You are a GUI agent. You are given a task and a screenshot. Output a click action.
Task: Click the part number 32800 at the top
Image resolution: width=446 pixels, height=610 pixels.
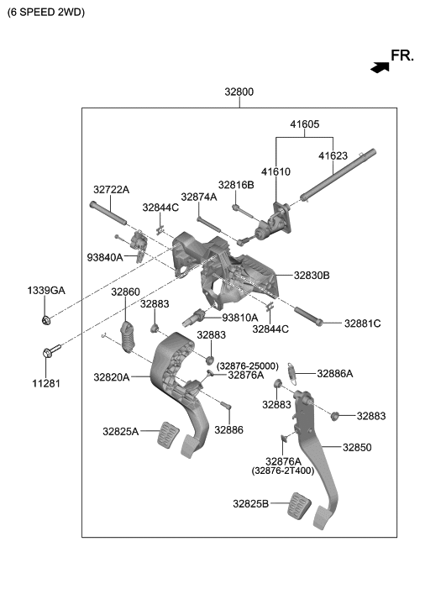[x=239, y=92]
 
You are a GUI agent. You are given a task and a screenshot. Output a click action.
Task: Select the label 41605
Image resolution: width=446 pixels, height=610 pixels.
[x=305, y=124]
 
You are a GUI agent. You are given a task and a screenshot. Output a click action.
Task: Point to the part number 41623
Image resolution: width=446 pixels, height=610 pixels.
[x=332, y=156]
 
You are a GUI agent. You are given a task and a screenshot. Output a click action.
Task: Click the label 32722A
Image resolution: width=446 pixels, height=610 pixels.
[x=111, y=190]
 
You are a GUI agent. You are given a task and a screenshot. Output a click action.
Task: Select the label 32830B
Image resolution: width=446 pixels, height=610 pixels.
[x=312, y=275]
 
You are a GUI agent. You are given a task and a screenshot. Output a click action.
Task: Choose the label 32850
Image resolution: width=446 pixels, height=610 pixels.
[x=356, y=448]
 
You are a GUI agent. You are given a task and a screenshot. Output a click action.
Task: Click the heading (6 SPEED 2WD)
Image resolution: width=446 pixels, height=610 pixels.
[x=45, y=13]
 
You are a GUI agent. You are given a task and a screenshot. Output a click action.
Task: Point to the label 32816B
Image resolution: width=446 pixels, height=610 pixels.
[x=236, y=185]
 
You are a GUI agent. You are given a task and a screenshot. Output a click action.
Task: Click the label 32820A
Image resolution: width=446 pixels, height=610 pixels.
[x=111, y=377]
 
